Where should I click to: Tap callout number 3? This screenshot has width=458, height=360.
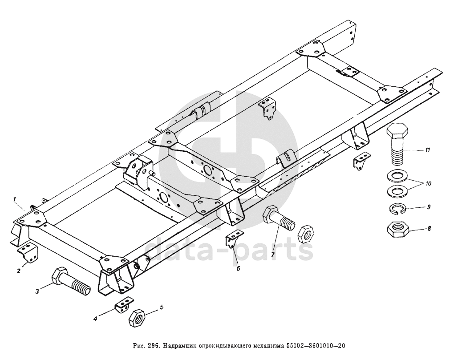pos(38,291)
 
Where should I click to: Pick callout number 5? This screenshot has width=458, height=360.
pos(162,307)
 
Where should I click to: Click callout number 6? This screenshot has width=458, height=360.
pos(238,268)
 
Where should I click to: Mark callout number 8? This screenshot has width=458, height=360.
pos(429,229)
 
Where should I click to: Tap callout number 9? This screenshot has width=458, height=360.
pos(429,206)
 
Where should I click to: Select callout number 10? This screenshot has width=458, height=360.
pos(428,183)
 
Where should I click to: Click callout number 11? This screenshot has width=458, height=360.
pos(427,150)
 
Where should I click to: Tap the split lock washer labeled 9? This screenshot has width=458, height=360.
pos(396,208)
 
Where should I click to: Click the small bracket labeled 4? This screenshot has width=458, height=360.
pos(124,305)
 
